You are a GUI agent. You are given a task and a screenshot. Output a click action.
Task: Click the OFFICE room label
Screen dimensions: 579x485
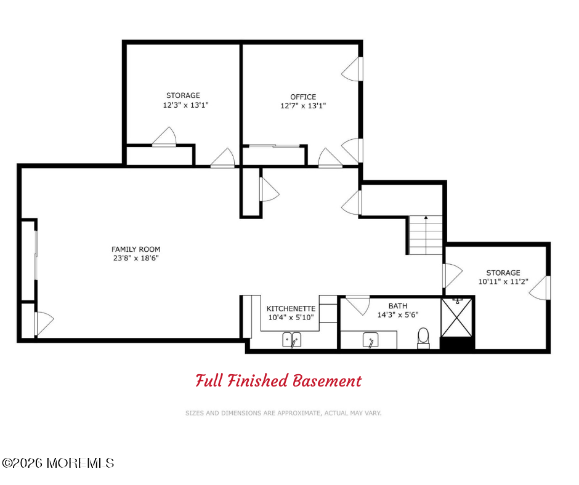coord(303,97)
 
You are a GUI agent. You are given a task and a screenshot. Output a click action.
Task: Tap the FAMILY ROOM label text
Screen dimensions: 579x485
coord(136,249)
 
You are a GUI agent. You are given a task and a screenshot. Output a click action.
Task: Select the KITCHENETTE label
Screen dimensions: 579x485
coord(291,308)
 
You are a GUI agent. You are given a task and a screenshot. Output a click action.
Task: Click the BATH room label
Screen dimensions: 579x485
coord(398,306)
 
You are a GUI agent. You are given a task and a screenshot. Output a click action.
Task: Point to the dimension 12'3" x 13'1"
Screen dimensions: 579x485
coord(186,105)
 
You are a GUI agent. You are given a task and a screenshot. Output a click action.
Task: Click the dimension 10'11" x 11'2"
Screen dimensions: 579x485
coord(503,282)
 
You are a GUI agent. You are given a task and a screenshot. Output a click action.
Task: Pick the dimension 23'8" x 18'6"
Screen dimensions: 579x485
coord(136,258)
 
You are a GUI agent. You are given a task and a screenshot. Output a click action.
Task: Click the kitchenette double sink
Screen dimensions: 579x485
coord(292,340)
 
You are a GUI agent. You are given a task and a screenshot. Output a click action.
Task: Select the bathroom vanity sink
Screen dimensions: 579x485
coord(370,340)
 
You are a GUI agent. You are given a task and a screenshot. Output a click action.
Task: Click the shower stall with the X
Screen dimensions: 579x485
coord(457,318)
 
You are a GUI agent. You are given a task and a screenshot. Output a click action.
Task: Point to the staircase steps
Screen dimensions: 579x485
coord(426,235)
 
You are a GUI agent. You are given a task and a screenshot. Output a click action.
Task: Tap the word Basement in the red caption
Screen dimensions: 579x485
coord(327,381)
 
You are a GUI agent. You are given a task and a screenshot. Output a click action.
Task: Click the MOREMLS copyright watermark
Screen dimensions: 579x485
coord(58,463)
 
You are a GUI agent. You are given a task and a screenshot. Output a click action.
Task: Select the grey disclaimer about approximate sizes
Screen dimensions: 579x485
coord(283,413)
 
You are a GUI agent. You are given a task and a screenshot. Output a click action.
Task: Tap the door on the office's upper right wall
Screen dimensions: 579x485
coord(352,69)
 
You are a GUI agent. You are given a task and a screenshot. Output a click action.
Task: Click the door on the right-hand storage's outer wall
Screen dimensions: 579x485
coord(540,288)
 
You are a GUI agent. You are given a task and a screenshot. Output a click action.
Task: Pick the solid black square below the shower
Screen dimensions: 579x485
coord(458,345)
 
